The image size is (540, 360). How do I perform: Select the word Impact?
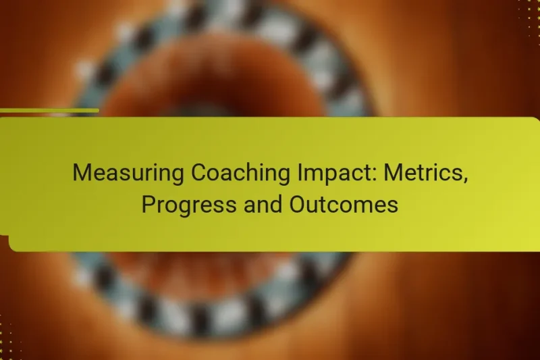[x=317, y=174]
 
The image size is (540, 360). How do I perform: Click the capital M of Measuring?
[x=80, y=173]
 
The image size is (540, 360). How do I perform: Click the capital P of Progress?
[x=147, y=205]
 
